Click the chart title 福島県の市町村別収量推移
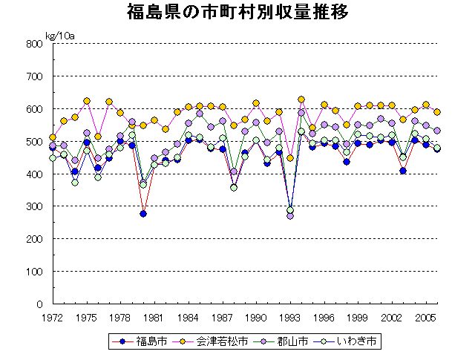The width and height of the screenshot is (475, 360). [x=237, y=13]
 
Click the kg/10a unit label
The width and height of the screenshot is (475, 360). [x=60, y=35]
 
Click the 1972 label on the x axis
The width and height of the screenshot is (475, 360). [x=53, y=317]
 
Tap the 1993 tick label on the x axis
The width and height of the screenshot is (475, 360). [x=290, y=317]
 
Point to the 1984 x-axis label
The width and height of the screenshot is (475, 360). [x=189, y=317]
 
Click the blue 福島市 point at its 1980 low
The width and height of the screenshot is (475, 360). [x=143, y=214]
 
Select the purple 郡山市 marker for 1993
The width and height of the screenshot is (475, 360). [x=290, y=216]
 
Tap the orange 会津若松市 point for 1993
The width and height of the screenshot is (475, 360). [x=290, y=158]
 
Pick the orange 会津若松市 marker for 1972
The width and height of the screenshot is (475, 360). [x=53, y=137]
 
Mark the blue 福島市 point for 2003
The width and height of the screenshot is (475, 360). [x=403, y=171]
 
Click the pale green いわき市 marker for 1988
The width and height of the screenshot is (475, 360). [x=234, y=188]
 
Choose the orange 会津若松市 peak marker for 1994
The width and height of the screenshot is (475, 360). [x=301, y=99]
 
